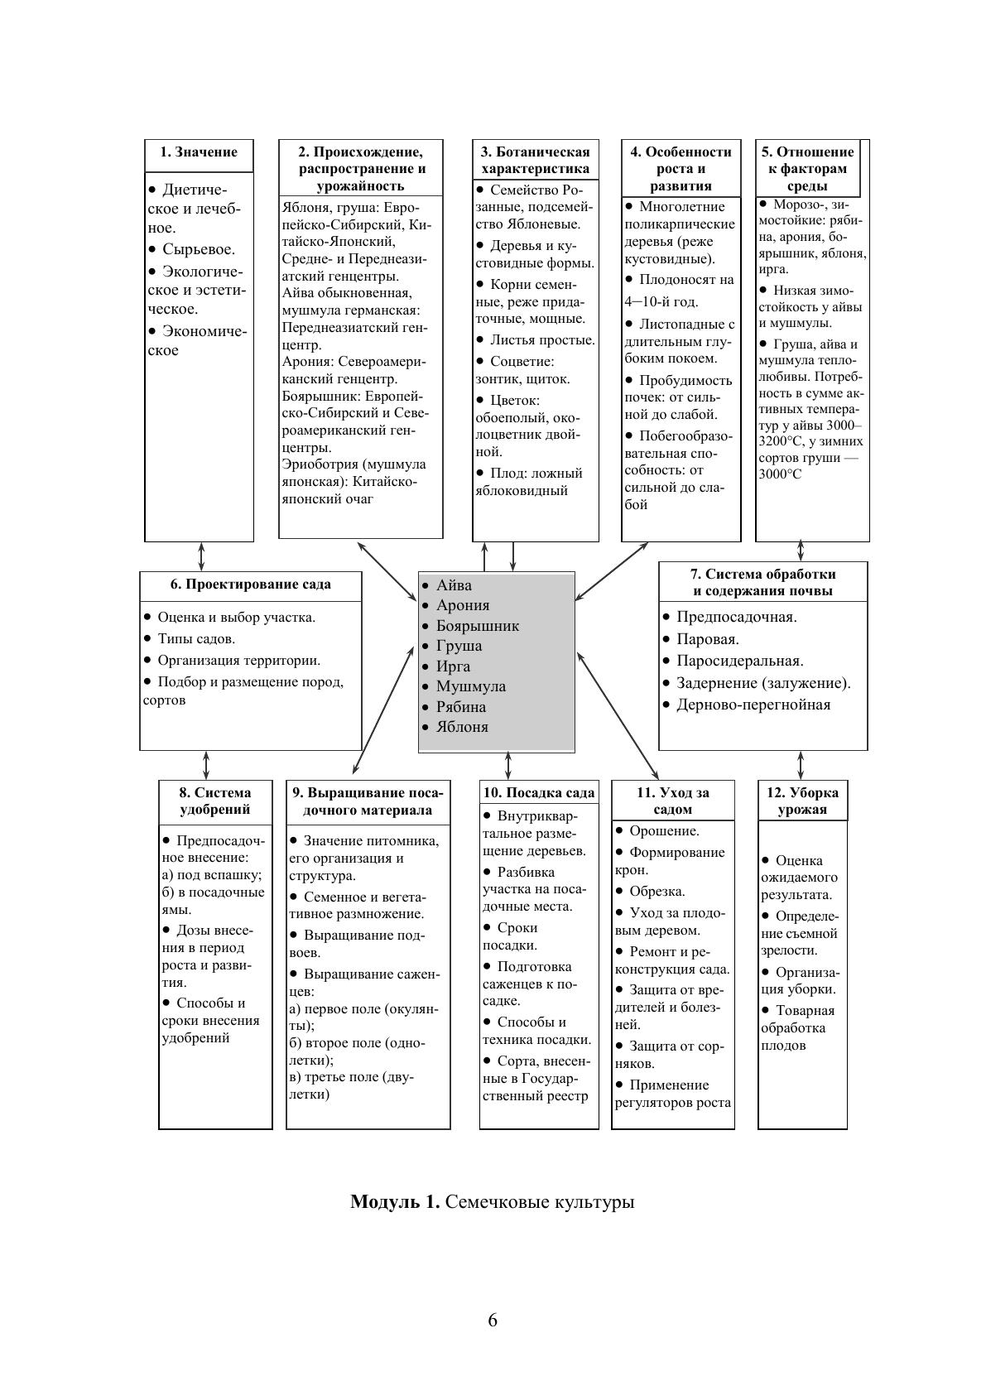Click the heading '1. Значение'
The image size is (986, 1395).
coord(199,152)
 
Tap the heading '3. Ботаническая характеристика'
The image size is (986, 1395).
coord(536,160)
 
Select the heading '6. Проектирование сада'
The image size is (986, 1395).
coord(250,584)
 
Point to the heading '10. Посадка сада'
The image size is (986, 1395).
coord(538,793)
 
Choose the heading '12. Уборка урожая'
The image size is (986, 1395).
coord(802,801)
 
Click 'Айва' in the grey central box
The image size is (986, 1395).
coord(454,585)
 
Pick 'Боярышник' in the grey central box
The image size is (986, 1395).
coord(477,626)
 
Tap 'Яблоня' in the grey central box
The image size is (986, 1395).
coord(462,727)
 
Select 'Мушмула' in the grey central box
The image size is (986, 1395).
coord(470,686)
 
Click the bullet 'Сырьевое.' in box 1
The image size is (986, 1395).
coord(198,249)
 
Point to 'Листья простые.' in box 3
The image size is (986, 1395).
coord(541,340)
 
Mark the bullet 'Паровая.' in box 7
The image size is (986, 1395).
coord(707,639)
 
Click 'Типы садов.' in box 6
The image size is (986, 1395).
coord(196,639)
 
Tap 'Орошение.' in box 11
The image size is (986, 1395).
coord(664,831)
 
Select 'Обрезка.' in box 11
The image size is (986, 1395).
coord(657,892)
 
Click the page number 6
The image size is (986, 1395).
coord(493,1320)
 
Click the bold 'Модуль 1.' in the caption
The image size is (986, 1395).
coord(395,1201)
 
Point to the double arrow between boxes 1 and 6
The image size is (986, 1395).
coord(201,556)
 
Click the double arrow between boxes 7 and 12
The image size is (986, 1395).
coord(801,765)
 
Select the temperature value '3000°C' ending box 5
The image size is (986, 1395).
coord(780,475)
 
